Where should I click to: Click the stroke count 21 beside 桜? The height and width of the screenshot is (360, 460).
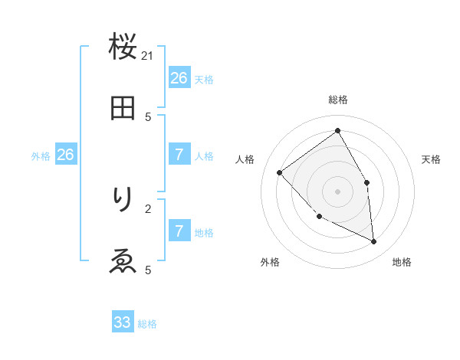(x=148, y=55)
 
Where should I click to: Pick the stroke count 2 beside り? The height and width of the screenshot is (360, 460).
(x=148, y=208)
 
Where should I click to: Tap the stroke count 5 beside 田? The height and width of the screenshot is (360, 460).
(x=148, y=116)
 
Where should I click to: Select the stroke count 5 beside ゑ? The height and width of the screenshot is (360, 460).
(x=148, y=270)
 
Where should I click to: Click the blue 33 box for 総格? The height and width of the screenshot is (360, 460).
(x=123, y=322)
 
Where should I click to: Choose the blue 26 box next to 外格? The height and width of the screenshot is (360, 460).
(x=65, y=155)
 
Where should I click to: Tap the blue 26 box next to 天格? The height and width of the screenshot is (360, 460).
(x=179, y=78)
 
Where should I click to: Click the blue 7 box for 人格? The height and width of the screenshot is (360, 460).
(x=179, y=155)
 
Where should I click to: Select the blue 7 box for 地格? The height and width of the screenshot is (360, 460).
(x=179, y=231)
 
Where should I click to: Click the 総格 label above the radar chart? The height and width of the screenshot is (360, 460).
(x=338, y=100)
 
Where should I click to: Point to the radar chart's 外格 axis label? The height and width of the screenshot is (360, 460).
(x=270, y=262)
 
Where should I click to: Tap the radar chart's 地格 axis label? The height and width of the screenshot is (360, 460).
(x=402, y=262)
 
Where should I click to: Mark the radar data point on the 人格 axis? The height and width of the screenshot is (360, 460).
(x=280, y=172)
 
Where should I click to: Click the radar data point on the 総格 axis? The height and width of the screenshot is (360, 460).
(x=338, y=131)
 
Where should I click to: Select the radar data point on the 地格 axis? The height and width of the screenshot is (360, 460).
(x=374, y=241)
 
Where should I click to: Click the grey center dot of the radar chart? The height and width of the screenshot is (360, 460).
(x=338, y=191)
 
